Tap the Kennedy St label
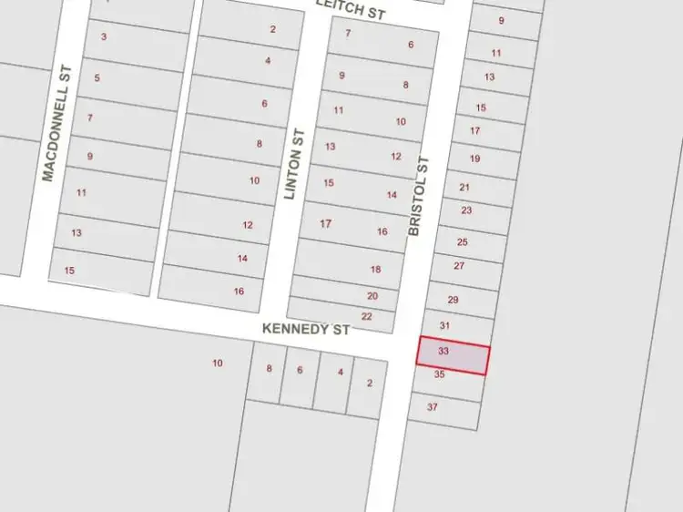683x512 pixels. tap(306, 329)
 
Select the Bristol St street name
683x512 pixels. tap(418, 196)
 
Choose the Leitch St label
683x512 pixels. tap(351, 9)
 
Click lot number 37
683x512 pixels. tap(433, 407)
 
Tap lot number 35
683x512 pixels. tap(440, 374)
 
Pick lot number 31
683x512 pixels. tap(445, 325)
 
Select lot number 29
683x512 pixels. tap(454, 299)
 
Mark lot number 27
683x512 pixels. tap(459, 266)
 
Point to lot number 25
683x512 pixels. tap(463, 242)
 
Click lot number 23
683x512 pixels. tap(467, 210)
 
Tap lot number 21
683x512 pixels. tap(464, 188)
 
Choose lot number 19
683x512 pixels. tap(475, 159)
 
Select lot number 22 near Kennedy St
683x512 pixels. tap(367, 316)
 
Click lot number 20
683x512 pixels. tap(372, 296)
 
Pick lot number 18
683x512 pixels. tap(376, 270)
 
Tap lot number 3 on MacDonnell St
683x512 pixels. tap(104, 37)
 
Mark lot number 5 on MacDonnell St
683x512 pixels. tap(97, 78)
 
